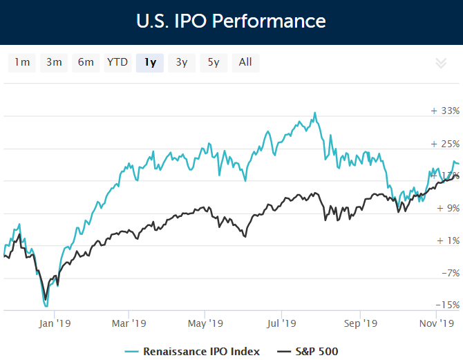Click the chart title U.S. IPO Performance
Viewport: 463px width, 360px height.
231,21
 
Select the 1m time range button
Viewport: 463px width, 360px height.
22,62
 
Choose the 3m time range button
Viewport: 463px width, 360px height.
54,62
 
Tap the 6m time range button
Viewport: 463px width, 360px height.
86,62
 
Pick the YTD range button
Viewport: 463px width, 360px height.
117,62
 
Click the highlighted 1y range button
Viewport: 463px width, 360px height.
150,62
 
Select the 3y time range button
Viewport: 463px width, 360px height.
182,62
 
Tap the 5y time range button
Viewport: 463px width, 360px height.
214,62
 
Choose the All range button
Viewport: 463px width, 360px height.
245,62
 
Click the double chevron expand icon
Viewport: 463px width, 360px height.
441,63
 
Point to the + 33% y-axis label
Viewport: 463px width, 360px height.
445,111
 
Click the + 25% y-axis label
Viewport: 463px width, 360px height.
445,144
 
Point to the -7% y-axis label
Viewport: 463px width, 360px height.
449,273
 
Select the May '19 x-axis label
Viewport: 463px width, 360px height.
205,323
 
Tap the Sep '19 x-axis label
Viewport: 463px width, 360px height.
360,323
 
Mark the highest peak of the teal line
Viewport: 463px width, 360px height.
315,113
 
